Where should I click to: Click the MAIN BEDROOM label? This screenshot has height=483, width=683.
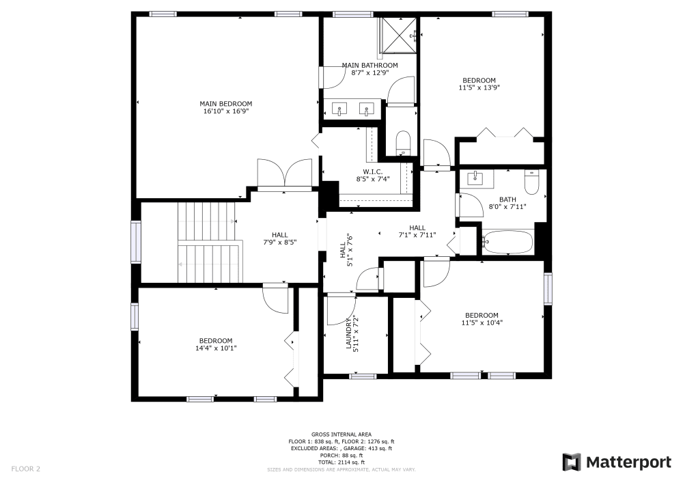(225, 104)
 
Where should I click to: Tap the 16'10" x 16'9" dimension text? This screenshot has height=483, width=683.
(225, 111)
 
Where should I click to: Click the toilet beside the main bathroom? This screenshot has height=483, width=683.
(403, 143)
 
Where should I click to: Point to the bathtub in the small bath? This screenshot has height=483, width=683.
(508, 242)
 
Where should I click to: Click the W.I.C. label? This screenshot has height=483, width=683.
(373, 171)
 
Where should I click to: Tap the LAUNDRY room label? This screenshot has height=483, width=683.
(348, 333)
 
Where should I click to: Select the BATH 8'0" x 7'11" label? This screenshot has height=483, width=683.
(507, 203)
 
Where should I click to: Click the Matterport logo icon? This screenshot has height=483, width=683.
(572, 462)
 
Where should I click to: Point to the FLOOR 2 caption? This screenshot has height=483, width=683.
(26, 469)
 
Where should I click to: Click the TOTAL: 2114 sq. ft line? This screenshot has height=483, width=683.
(341, 463)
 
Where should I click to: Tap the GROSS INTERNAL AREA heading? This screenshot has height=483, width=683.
(341, 434)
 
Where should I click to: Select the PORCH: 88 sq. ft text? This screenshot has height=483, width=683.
(341, 456)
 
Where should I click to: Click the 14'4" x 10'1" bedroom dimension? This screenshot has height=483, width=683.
(216, 348)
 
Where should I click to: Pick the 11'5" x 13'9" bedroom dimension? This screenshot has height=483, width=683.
(479, 87)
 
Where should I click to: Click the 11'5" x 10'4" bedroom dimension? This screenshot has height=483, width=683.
(482, 322)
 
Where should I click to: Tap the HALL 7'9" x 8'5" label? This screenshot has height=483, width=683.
(279, 238)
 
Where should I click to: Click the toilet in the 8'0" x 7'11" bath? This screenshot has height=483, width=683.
(531, 182)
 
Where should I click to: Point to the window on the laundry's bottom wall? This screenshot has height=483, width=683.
(363, 376)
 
